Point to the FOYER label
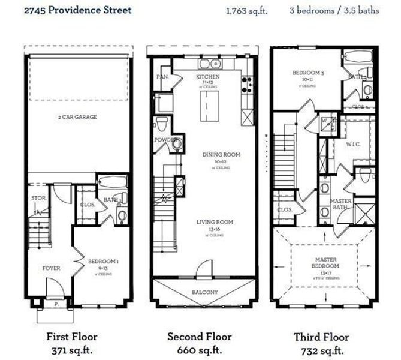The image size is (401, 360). point(50,268)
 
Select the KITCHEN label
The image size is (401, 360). point(208,77)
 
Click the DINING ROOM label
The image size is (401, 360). point(221,155)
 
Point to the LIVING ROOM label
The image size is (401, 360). point(215,222)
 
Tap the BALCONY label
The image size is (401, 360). point(206,292)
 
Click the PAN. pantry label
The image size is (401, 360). point(161,77)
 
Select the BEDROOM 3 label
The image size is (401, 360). point(308,73)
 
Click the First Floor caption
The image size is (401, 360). point(71,337)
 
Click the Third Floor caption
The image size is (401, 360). point(321,337)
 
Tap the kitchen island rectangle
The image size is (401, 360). point(207,106)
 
